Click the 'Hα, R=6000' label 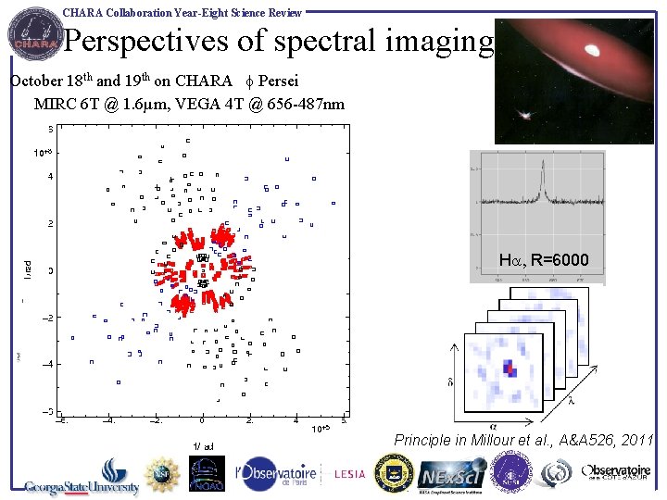(543, 261)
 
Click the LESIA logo (349, 474)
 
